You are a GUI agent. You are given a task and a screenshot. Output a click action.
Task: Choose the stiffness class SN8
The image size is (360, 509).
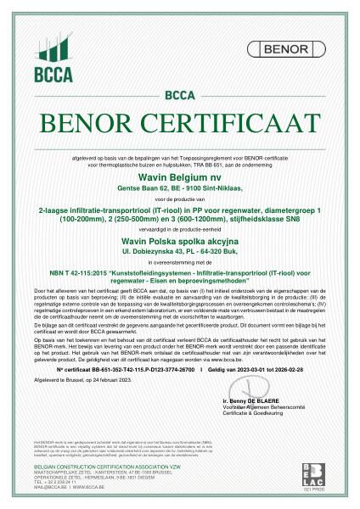tap(267, 219)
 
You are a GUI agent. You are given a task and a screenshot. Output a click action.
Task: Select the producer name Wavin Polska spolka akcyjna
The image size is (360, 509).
tap(179, 242)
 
